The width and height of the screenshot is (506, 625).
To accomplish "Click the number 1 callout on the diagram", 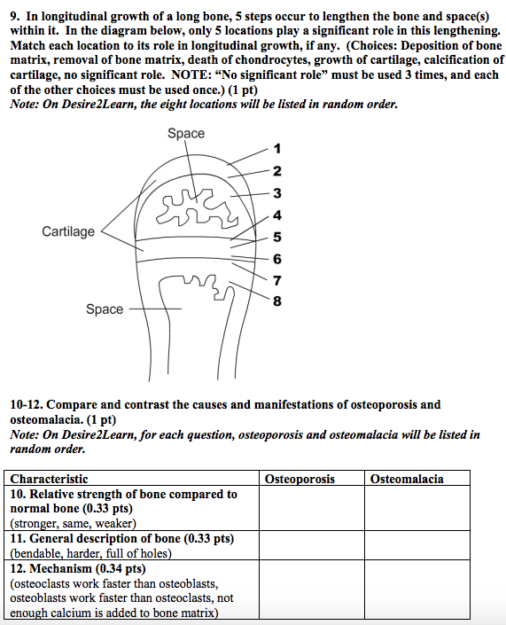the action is pos(277,149).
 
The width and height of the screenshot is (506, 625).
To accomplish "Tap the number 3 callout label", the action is pos(277,193).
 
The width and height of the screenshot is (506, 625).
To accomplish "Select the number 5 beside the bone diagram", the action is pos(277,237).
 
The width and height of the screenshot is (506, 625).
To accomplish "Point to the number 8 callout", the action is pos(277,301).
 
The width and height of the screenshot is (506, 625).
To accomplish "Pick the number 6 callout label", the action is pos(277,259).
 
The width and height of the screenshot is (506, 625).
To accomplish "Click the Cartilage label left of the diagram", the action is pos(68,231).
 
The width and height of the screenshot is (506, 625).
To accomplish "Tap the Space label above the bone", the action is pos(186,133).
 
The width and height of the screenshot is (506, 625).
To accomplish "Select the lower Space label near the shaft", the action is pos(105,309).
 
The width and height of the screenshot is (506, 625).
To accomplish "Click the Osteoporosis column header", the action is pos(300,479).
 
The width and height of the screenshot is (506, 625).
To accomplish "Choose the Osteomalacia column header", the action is pos(407,479).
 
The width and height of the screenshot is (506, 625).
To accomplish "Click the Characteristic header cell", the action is pos(49,479).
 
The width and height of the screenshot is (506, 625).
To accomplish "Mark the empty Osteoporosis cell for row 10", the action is pos(312,508).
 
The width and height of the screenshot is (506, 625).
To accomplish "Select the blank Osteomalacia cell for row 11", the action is pos(417,545).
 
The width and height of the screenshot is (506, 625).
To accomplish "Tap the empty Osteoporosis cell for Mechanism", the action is pos(312,590).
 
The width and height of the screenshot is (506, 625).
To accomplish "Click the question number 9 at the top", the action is pos(15,16).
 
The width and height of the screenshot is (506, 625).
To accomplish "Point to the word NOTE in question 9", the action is pos(188,75).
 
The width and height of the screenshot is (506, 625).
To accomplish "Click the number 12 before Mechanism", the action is pos(18,568).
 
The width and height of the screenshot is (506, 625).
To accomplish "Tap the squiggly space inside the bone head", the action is pos(197,207).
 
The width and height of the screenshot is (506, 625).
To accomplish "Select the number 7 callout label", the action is pos(277,281).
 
